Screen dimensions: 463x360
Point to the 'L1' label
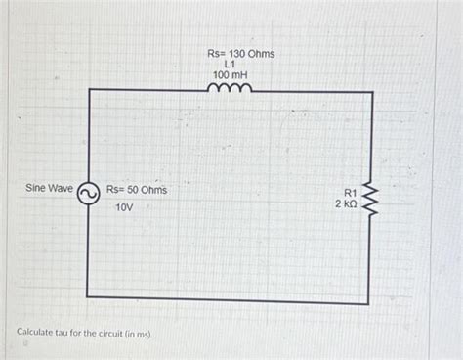pos(231,65)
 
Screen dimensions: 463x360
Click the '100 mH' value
pos(231,76)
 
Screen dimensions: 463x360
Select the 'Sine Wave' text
pos(49,187)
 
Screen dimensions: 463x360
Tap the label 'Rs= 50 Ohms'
pos(136,189)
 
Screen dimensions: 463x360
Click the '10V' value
pos(124,209)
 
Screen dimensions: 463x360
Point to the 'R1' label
pos(349,193)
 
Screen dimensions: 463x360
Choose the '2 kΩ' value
pos(346,204)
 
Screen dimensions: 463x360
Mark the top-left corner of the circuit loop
pos(88,90)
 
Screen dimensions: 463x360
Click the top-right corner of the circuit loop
pos(372,92)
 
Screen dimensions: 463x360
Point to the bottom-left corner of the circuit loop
pos(87,295)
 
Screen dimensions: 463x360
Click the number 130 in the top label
pos(237,52)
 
